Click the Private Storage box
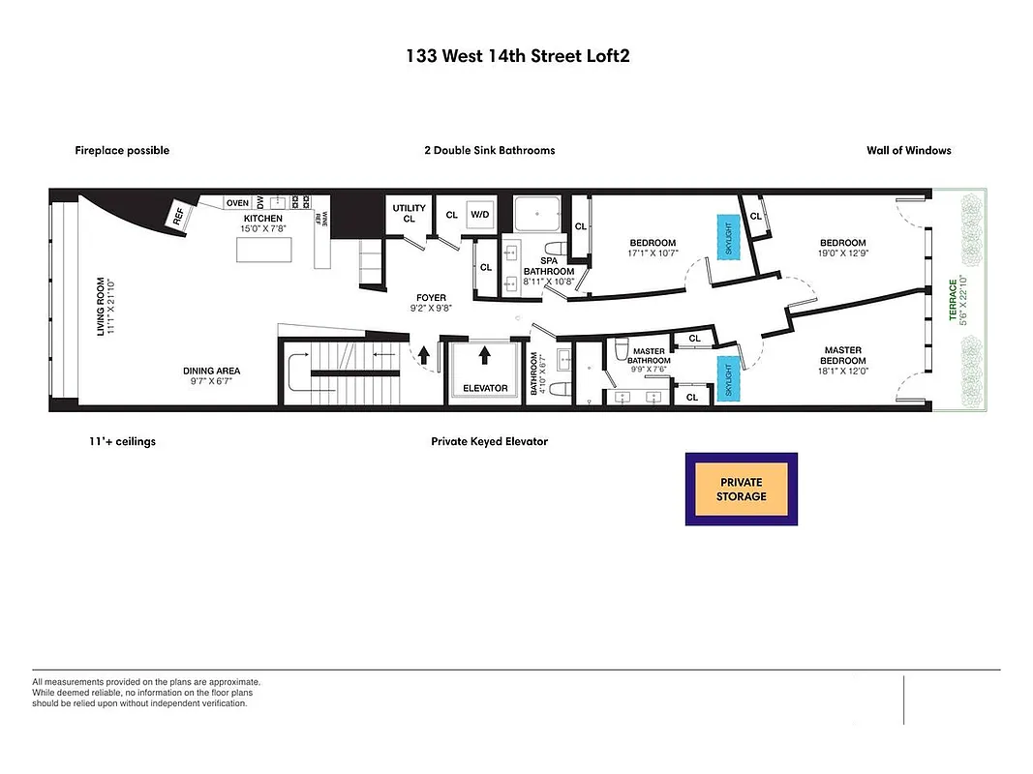(x=741, y=490)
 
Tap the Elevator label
(x=485, y=388)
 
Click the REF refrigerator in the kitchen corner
(x=179, y=217)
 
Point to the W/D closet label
(x=480, y=215)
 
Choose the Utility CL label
(x=409, y=214)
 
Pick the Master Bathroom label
(x=649, y=357)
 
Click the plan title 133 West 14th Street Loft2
(x=518, y=56)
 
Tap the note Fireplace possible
(x=122, y=151)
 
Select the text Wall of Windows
(x=908, y=151)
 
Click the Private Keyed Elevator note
(x=489, y=441)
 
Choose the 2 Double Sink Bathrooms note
(x=489, y=151)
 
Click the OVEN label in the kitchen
(x=237, y=203)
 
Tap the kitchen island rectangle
(x=271, y=250)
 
